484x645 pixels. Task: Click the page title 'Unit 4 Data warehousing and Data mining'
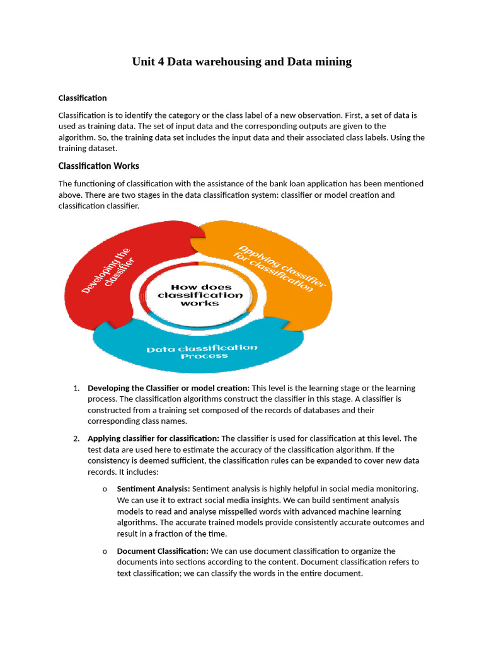241,62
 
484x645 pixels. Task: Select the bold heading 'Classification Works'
98,166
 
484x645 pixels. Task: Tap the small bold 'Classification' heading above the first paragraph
83,98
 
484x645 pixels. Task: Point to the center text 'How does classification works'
200,295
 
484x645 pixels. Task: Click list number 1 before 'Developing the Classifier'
76,388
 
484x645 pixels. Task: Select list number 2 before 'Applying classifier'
76,438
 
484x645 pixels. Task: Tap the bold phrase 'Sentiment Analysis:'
153,489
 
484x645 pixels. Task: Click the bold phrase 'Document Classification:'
163,551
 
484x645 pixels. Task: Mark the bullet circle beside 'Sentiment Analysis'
104,489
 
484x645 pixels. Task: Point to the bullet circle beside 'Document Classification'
104,551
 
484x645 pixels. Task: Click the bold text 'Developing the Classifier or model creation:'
168,388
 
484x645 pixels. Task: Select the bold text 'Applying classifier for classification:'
153,438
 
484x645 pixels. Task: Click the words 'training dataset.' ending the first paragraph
88,149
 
